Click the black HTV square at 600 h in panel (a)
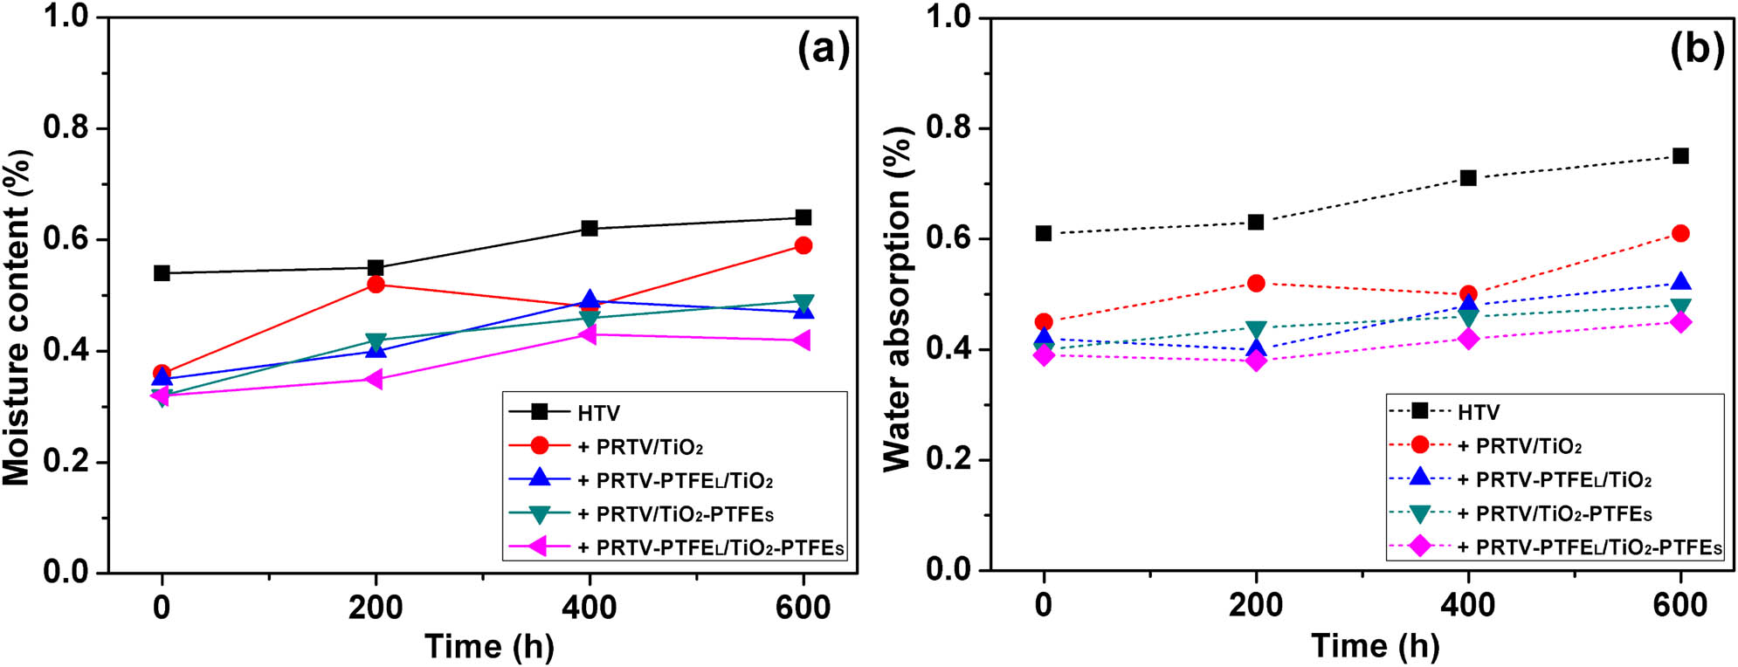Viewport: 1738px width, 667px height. (x=803, y=217)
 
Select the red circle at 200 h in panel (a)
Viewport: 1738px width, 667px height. (x=376, y=284)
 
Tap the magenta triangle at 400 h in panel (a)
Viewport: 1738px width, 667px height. (x=589, y=334)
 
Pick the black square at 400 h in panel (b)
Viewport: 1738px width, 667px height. (x=1468, y=178)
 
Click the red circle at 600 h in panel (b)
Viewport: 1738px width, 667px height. (x=1680, y=233)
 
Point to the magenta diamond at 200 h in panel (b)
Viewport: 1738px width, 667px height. (x=1256, y=361)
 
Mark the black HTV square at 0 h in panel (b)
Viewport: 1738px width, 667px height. (x=1043, y=233)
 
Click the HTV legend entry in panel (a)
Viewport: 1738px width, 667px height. (x=598, y=413)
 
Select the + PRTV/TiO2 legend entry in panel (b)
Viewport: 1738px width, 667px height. (x=1519, y=446)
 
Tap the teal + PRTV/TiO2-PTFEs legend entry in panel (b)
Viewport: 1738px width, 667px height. (x=1554, y=514)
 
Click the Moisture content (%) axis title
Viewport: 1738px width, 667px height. (x=17, y=318)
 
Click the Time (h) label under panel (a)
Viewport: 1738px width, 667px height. (x=489, y=647)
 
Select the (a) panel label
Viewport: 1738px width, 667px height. (x=823, y=50)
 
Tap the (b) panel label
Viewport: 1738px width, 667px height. (x=1696, y=50)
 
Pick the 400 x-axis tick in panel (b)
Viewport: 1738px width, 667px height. (x=1468, y=605)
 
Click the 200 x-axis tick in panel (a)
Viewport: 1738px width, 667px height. (x=376, y=607)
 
